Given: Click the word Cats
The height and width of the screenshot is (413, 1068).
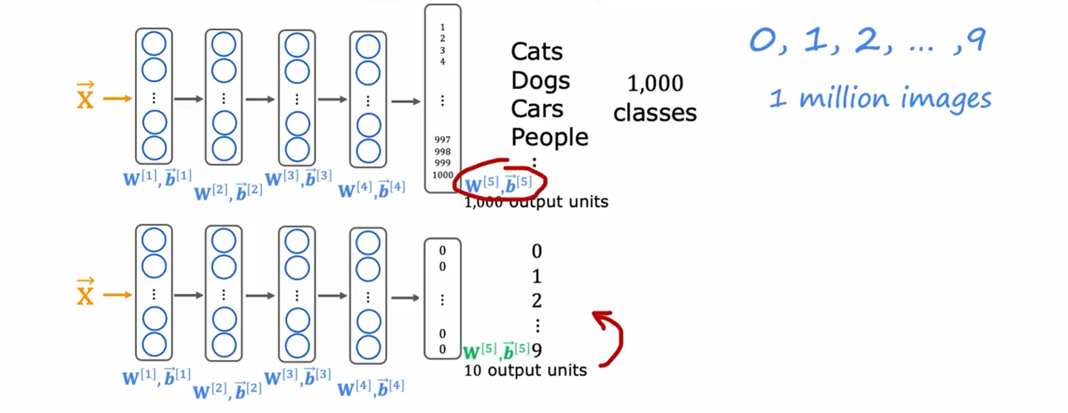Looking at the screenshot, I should [536, 51].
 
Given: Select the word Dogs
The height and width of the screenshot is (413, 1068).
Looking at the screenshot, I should [540, 81].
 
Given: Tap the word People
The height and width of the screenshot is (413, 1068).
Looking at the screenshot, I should [549, 137].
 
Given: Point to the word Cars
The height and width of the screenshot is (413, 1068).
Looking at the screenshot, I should [537, 109].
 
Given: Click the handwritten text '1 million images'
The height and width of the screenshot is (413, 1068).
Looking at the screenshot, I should [880, 99].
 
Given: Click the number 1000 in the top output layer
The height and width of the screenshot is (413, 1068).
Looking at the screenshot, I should [442, 175].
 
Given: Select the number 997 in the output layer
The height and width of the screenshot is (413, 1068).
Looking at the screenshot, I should [442, 140].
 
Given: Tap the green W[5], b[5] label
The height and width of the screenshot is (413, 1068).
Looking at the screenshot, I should [496, 352].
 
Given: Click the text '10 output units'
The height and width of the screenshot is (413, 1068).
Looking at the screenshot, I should [525, 371].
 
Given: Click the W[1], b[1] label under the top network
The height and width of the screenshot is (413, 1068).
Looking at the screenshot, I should [157, 178].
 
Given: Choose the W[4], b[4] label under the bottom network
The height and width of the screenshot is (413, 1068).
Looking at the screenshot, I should [370, 388].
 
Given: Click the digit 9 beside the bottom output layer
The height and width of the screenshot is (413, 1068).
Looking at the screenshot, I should [537, 350].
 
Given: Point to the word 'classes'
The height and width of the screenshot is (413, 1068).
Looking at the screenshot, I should [655, 113].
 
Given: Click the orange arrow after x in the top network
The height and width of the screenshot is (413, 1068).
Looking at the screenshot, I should [117, 99].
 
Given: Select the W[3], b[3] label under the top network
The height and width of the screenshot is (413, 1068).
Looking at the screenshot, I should [298, 178].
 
